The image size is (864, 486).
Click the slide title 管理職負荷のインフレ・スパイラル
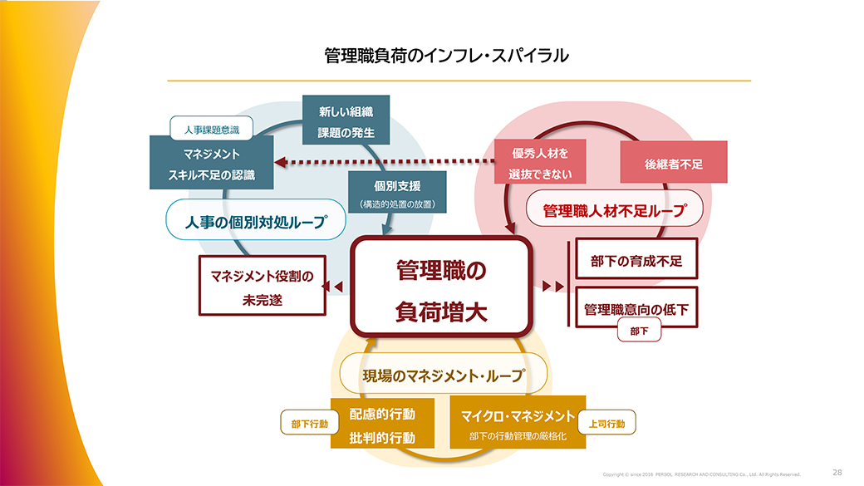point(447,56)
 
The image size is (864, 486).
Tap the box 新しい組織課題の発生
point(346,120)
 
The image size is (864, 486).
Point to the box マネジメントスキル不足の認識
point(211,164)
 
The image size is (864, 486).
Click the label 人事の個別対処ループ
point(255,222)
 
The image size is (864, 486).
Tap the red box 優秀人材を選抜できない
point(540,162)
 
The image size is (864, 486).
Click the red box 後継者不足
point(674,164)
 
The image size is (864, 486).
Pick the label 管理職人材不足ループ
point(615,212)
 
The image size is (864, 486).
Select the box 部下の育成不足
point(636,261)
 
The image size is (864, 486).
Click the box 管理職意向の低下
point(636,309)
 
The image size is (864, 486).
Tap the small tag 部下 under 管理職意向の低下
point(640,331)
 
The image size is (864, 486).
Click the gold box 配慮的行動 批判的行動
point(382,425)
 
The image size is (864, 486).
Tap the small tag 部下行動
point(309,424)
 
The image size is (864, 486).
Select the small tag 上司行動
point(606,424)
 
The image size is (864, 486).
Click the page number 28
point(837,472)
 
